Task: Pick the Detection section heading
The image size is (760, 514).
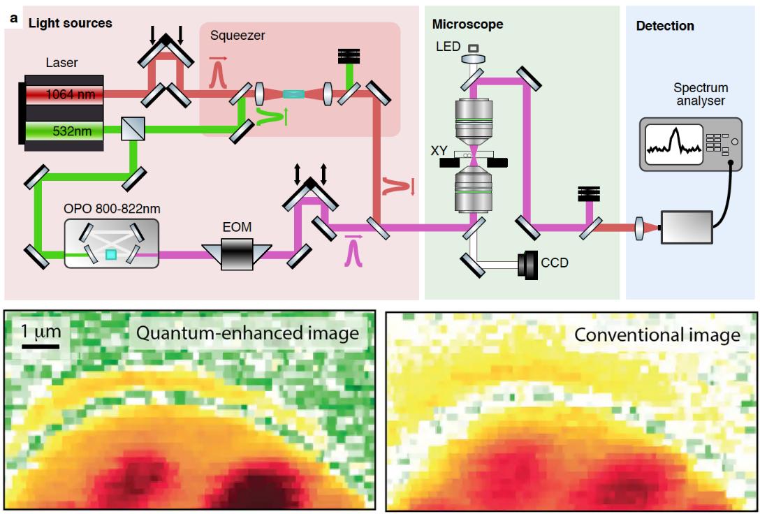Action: click(x=664, y=27)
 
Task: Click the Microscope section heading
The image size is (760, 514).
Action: click(x=467, y=24)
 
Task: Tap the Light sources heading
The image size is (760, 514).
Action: click(x=70, y=23)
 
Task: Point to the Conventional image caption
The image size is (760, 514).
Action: click(x=657, y=335)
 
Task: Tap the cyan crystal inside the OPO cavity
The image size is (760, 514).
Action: click(x=112, y=256)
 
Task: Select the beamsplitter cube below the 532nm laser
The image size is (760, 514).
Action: click(x=131, y=128)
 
